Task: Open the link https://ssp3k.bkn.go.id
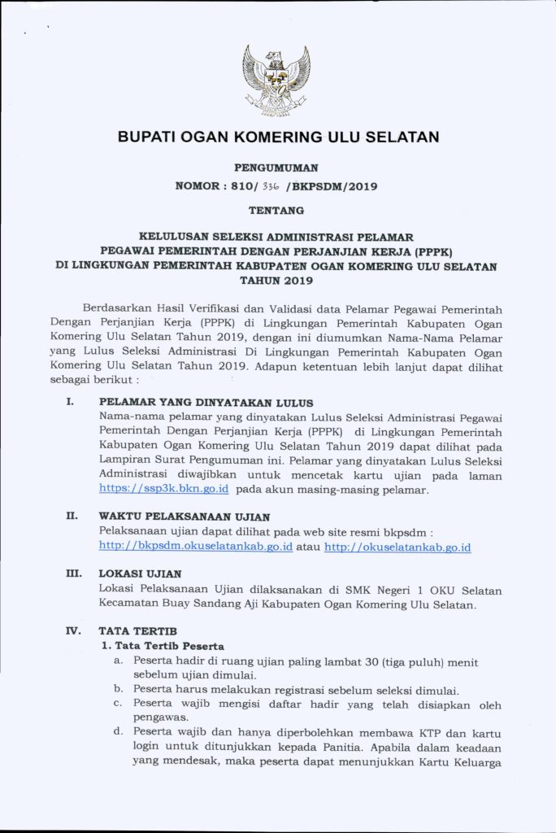(x=163, y=490)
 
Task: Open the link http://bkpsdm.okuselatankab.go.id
(x=196, y=547)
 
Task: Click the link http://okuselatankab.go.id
(x=397, y=547)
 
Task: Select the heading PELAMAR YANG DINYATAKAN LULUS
(x=206, y=403)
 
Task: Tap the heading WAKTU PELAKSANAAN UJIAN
(x=185, y=517)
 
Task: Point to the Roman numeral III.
(x=72, y=574)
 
